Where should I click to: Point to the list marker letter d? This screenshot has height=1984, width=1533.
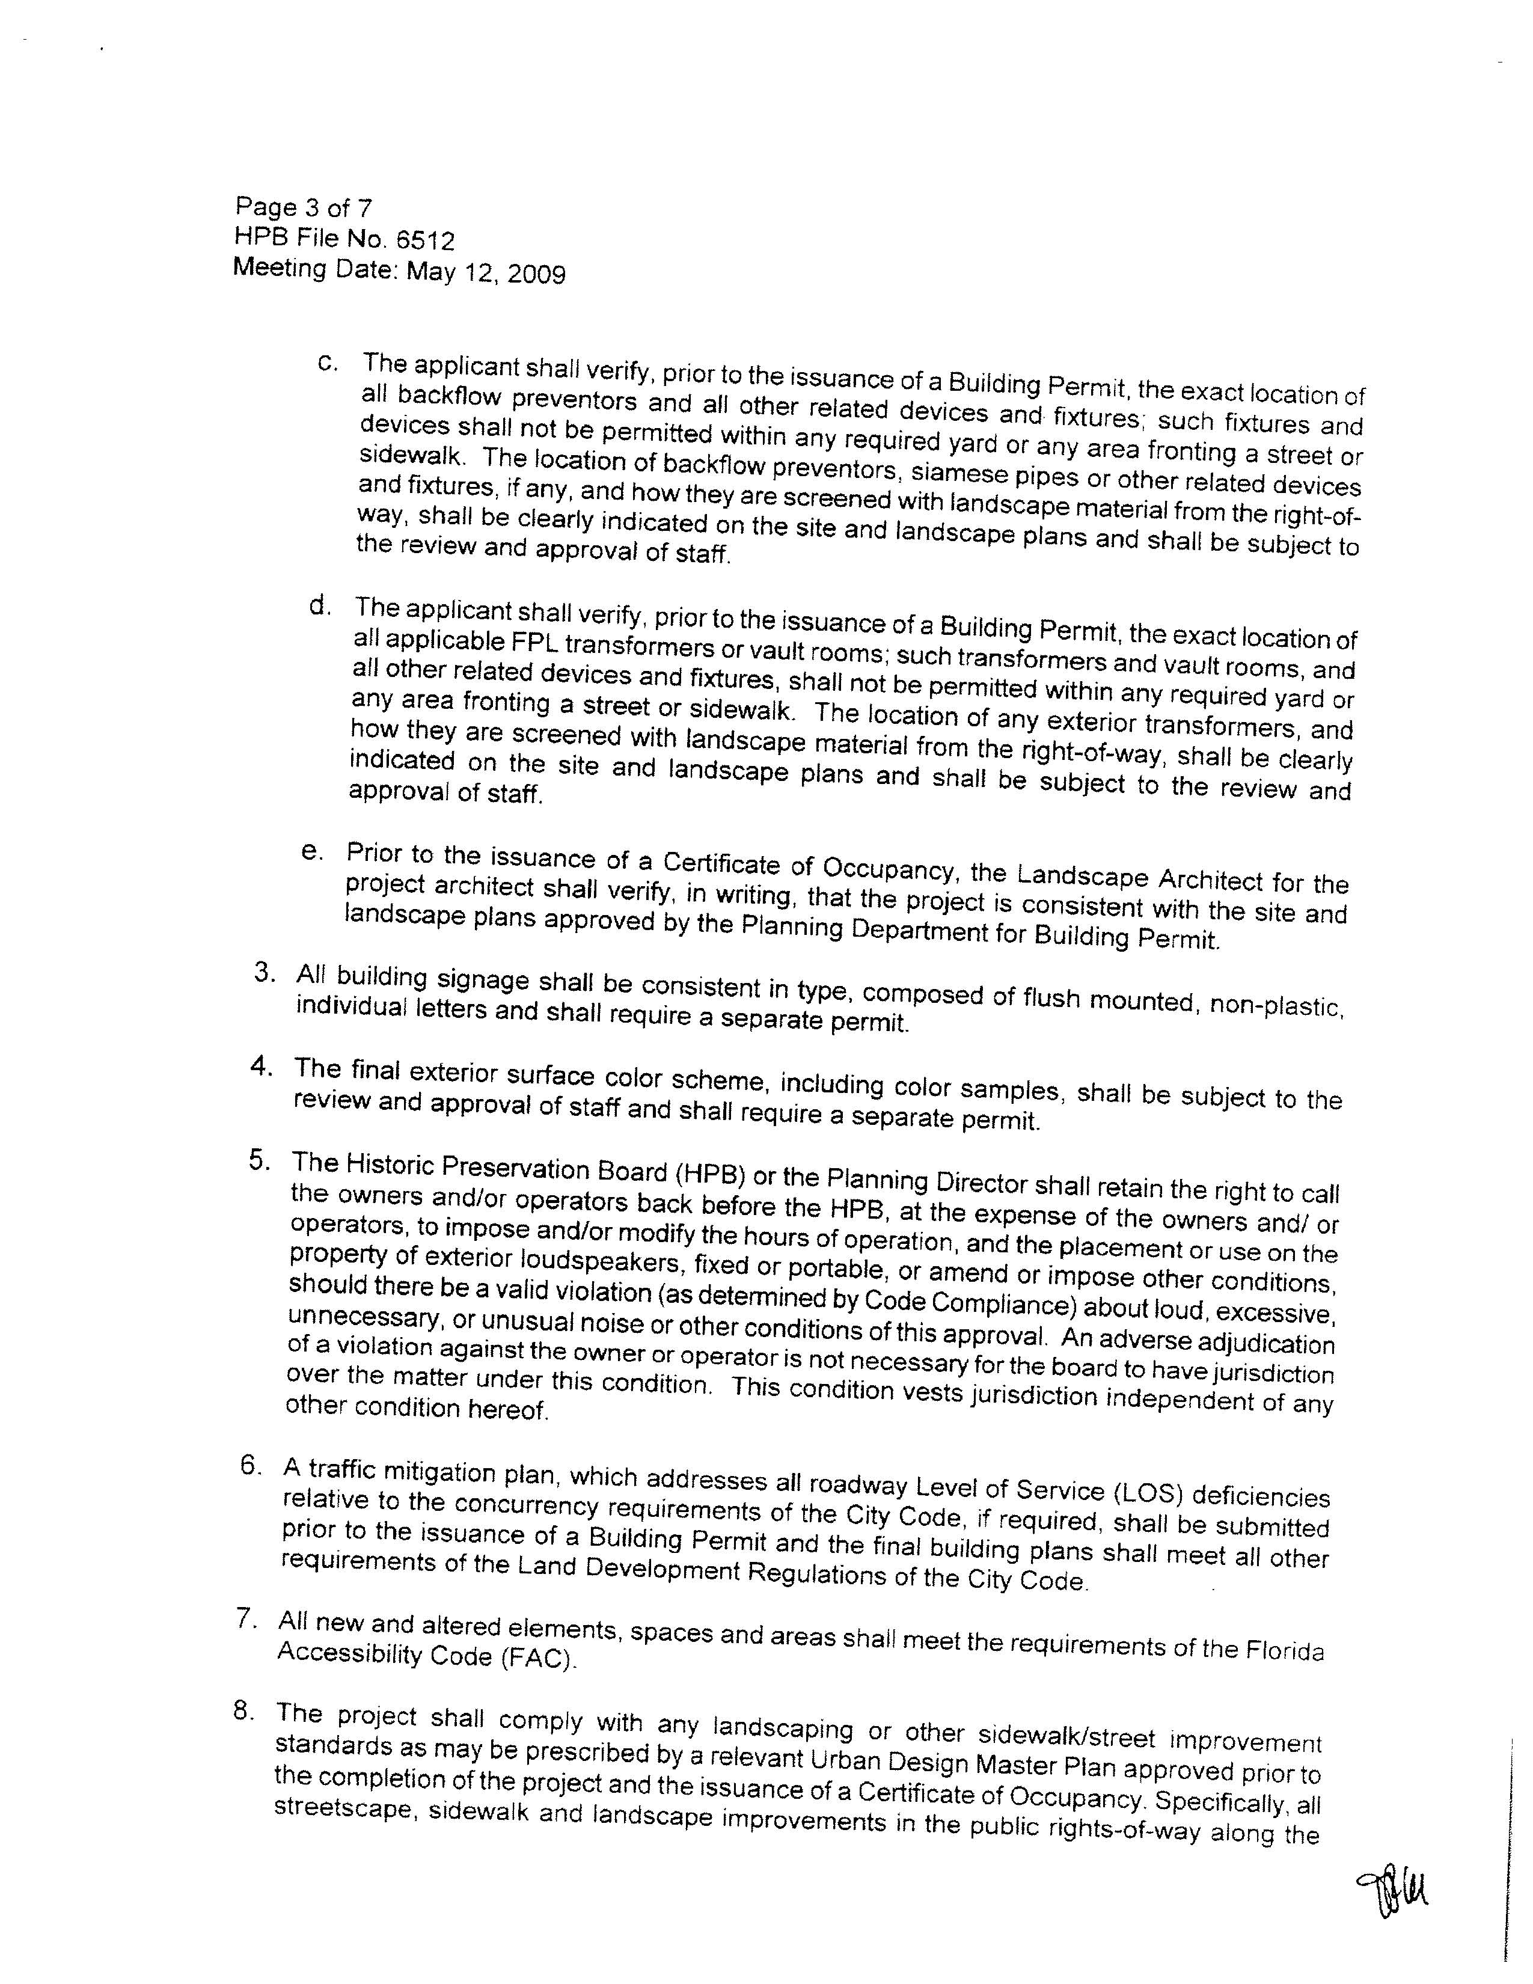(318, 605)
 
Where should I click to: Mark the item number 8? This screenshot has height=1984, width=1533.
(242, 1710)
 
